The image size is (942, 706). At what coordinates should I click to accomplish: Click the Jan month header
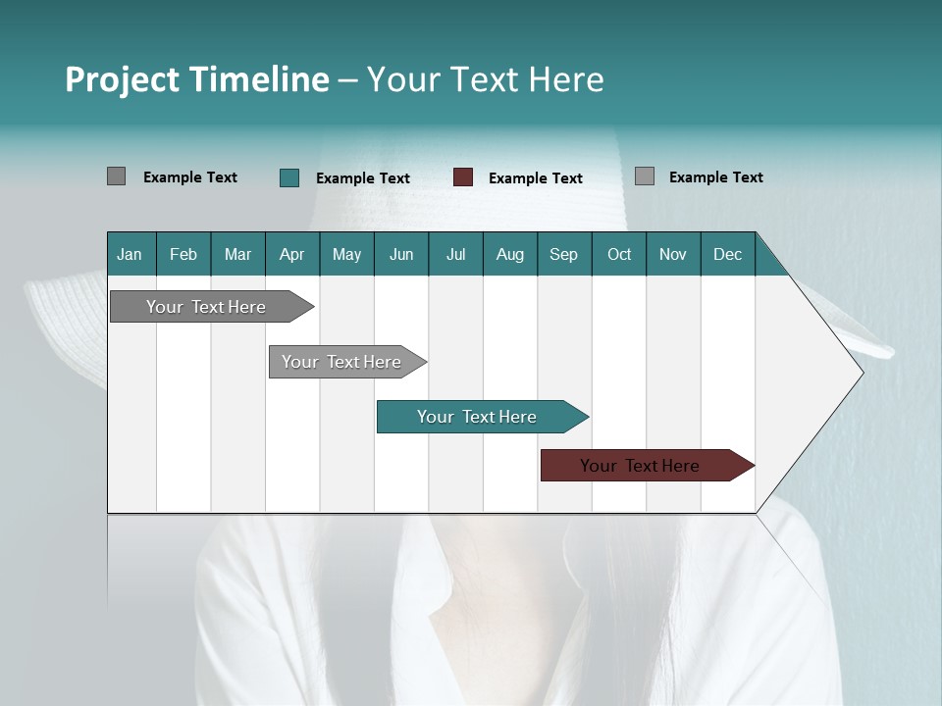coord(130,254)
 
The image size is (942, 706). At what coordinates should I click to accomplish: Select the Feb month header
coord(183,254)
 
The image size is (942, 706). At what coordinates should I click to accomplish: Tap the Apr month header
coord(291,254)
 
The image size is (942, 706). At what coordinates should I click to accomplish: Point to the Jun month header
coord(401,254)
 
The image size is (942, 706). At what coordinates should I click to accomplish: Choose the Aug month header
coord(509,254)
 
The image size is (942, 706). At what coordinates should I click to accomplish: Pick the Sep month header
coord(563,254)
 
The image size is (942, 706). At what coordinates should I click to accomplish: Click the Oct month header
coord(619,254)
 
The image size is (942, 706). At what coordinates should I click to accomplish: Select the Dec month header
coord(727,254)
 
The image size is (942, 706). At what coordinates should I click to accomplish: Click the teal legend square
coord(288,177)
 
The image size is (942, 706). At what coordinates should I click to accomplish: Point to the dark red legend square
coord(463,177)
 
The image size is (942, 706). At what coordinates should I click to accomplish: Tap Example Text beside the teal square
coord(363,178)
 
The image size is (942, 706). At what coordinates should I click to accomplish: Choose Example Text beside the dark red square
coord(536,178)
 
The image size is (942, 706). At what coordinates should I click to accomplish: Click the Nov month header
coord(673,254)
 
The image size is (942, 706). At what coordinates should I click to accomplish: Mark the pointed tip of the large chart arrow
coord(862,373)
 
